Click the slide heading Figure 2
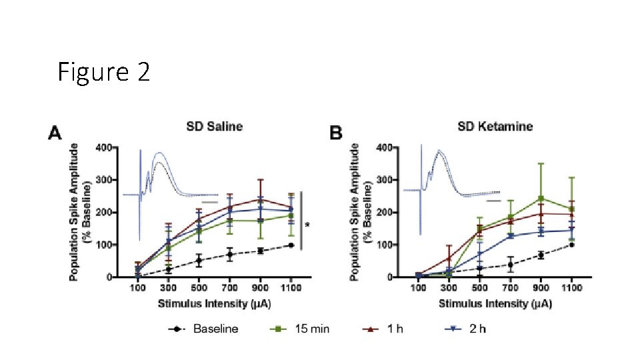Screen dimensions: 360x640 103,72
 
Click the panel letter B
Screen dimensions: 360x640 337,133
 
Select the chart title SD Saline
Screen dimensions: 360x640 214,126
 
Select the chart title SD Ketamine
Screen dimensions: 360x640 495,126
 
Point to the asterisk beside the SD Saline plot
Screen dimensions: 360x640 307,225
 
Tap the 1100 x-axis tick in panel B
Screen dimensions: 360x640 572,287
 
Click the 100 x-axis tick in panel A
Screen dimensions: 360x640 138,287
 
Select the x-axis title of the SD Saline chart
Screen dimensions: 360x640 214,303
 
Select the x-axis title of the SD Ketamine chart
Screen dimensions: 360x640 495,303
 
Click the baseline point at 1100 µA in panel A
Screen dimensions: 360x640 291,245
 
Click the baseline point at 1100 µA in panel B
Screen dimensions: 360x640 572,245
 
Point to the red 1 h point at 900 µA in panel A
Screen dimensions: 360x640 260,199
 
